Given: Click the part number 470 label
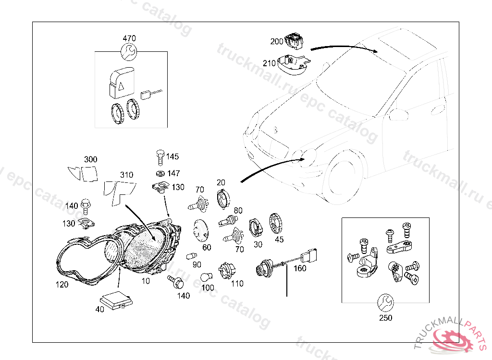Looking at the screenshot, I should pos(129,38).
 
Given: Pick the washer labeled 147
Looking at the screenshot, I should pos(160,173).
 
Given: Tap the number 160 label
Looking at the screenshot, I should pos(300,268).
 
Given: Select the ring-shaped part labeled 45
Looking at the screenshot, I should pos(275,224).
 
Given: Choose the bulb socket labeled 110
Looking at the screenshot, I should pos(225,271).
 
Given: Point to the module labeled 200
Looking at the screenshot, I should pos(293,40).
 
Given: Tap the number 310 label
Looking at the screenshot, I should pos(126,175).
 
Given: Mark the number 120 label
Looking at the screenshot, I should pos(62,284).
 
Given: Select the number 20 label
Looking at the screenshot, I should pos(221,182).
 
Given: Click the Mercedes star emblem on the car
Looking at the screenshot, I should pos(275,129).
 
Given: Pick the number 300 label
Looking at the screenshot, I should pos(90,159).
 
